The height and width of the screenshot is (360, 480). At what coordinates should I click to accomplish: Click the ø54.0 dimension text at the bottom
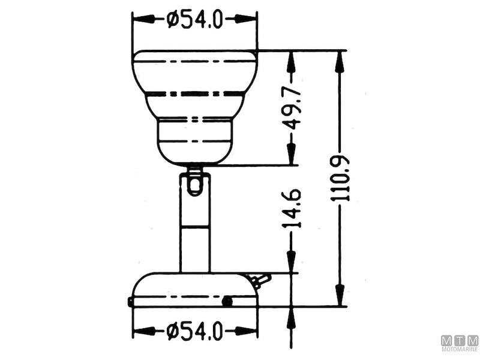(x=195, y=331)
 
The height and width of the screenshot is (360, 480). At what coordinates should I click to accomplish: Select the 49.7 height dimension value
(x=292, y=108)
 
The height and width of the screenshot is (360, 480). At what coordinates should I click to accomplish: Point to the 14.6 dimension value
(x=292, y=208)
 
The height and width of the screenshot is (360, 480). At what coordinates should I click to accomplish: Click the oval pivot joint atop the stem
(x=194, y=182)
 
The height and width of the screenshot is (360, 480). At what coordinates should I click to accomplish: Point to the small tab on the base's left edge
(x=130, y=302)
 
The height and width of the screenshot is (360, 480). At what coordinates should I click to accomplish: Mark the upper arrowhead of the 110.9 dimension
(x=340, y=58)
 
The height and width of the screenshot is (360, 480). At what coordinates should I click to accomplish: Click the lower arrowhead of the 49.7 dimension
(x=292, y=157)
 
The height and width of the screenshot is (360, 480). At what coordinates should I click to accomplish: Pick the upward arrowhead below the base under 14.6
(x=292, y=315)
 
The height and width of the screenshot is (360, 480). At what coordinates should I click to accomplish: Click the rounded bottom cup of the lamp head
(x=195, y=143)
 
